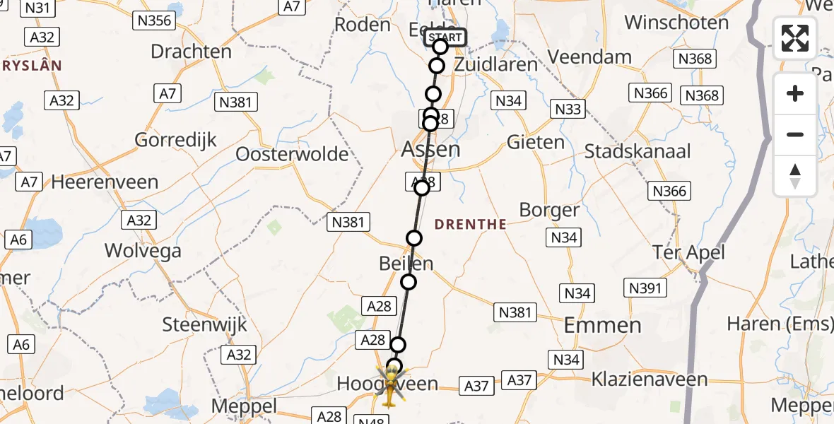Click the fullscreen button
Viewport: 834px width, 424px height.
(x=795, y=38)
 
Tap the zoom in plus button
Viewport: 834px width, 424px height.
(x=795, y=93)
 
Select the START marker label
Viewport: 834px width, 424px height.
(x=446, y=37)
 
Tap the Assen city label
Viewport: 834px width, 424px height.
(x=430, y=149)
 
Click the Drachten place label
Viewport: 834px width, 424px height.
(x=191, y=52)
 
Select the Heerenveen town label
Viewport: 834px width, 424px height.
(x=105, y=182)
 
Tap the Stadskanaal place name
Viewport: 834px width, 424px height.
(x=638, y=151)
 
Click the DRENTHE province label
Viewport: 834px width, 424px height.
(x=470, y=225)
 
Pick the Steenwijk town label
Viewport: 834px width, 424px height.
(x=205, y=325)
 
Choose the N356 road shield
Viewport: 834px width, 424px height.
(x=155, y=20)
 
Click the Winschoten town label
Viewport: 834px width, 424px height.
(x=676, y=23)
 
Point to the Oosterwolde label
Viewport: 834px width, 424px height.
(x=292, y=154)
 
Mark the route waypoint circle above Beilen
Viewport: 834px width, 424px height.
(x=414, y=238)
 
